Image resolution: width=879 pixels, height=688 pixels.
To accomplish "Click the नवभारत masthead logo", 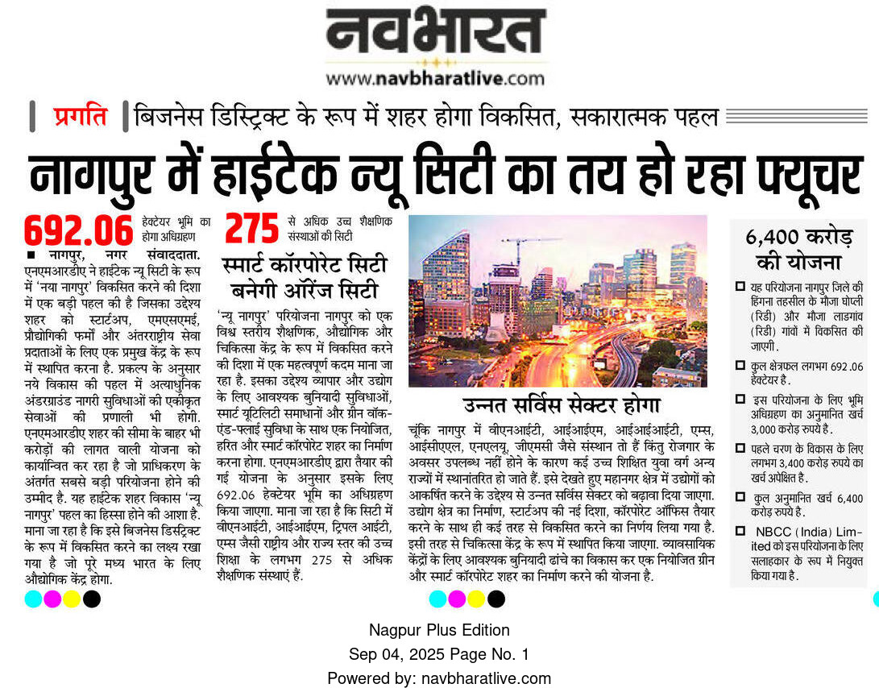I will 435,32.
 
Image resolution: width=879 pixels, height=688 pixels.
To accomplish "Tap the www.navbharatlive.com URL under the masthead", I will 435,78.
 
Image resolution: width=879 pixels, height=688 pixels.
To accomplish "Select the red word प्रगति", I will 80,117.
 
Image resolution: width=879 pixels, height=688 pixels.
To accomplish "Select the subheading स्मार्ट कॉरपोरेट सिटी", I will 304,266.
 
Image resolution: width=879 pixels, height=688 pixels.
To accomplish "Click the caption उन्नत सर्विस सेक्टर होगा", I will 561,404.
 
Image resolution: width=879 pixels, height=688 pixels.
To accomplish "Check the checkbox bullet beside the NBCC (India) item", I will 740,531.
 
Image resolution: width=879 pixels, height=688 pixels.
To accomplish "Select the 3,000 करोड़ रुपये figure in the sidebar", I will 778,429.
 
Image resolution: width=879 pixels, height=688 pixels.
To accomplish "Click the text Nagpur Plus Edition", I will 439,630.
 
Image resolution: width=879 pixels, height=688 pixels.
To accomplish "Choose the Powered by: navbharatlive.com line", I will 439,678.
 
